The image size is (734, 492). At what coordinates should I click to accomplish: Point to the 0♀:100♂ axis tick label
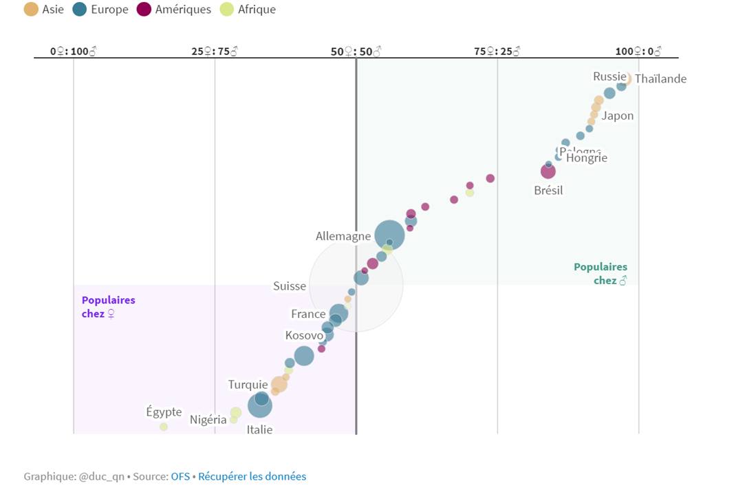[x=74, y=52]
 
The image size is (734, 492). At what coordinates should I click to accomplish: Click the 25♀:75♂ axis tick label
[x=215, y=52]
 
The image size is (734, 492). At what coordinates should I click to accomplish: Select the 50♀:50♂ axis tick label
[x=356, y=52]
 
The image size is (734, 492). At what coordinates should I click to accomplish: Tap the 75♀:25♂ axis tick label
[x=497, y=52]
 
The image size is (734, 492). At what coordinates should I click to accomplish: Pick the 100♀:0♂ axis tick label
[x=638, y=52]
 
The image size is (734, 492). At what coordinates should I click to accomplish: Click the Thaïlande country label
[x=660, y=79]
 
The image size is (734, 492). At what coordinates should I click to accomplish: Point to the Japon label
[x=617, y=116]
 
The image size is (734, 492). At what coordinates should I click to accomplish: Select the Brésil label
[x=548, y=191]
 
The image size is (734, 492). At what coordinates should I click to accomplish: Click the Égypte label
[x=164, y=412]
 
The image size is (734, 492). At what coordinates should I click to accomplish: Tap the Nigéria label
[x=208, y=420]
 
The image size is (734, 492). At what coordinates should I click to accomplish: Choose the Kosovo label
[x=304, y=336]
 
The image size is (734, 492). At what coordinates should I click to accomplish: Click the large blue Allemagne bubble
[x=389, y=235]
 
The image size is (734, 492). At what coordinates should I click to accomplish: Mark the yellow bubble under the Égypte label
[x=164, y=427]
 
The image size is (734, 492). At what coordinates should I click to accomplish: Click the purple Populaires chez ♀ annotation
[x=108, y=307]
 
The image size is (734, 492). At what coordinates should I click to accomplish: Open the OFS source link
[x=180, y=476]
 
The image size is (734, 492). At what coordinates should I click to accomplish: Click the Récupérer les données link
[x=252, y=476]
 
